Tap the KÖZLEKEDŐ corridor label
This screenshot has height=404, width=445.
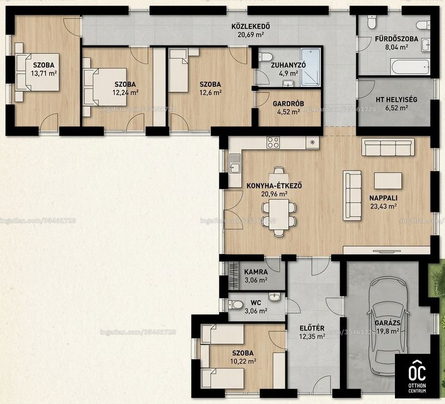click(x=251, y=27)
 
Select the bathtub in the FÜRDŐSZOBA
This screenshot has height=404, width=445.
click(x=411, y=67)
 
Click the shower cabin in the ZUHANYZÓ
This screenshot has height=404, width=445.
click(x=311, y=67)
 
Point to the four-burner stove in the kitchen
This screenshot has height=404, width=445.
click(x=273, y=143)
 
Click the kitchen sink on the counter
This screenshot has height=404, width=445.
click(x=234, y=164)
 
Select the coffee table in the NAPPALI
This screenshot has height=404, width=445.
click(x=388, y=181)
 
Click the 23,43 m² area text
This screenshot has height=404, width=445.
click(x=383, y=206)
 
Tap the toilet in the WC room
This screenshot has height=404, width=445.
click(x=236, y=305)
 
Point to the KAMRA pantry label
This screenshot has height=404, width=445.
click(x=256, y=272)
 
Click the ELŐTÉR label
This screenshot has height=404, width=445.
click(x=312, y=328)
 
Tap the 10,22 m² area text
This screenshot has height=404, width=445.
click(x=243, y=361)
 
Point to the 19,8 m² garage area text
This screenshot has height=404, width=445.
click(x=388, y=331)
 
